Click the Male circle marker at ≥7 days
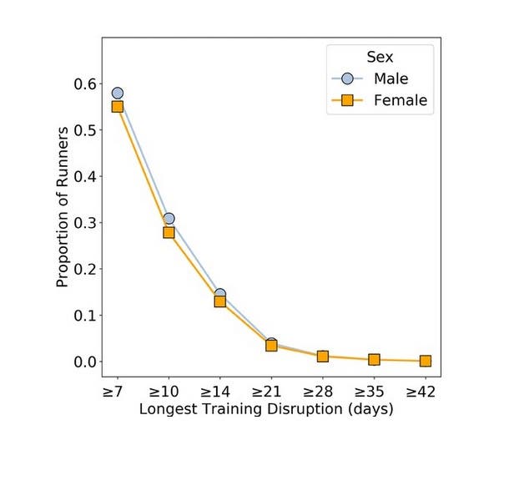[118, 94]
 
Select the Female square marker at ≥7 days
[118, 107]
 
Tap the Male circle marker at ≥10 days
[169, 219]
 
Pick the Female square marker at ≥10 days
[169, 232]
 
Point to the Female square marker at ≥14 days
[220, 301]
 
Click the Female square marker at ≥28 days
[323, 357]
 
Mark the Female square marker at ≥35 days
[374, 360]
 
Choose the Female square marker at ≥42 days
[426, 361]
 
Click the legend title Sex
[380, 57]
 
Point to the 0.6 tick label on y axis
[84, 84]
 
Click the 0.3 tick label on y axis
[84, 223]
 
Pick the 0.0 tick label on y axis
[84, 362]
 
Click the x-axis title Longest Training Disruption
[266, 410]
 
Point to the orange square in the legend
[348, 101]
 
